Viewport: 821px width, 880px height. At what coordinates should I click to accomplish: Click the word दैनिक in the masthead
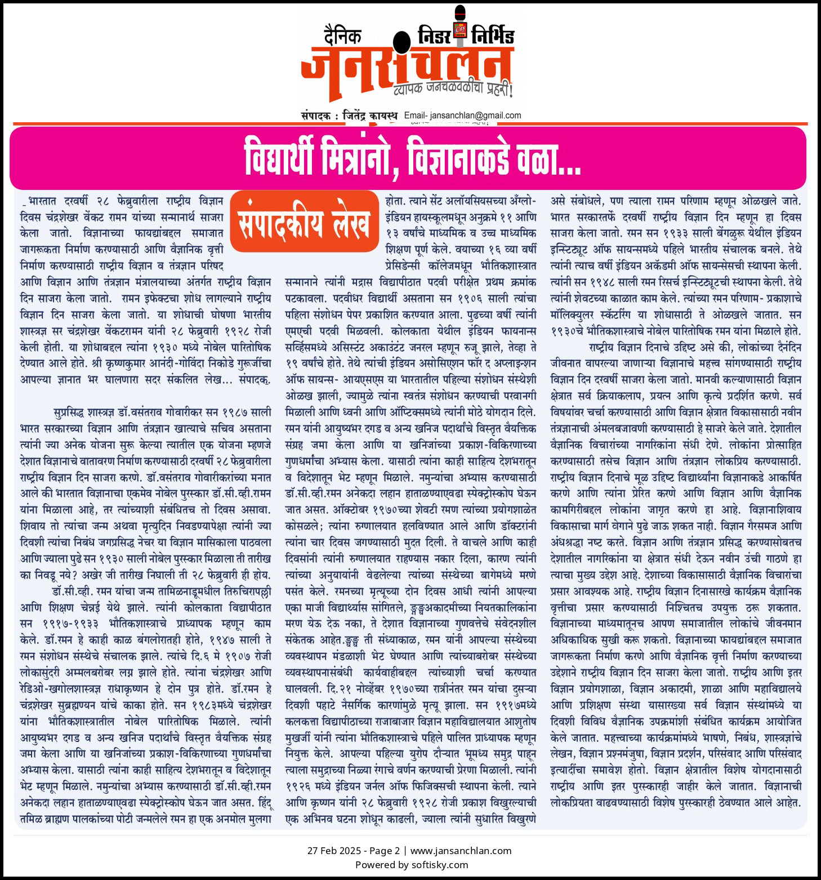coord(342,36)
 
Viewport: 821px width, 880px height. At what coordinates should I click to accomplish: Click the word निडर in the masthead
coord(434,36)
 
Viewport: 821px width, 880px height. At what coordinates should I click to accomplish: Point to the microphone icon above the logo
coord(461,23)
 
